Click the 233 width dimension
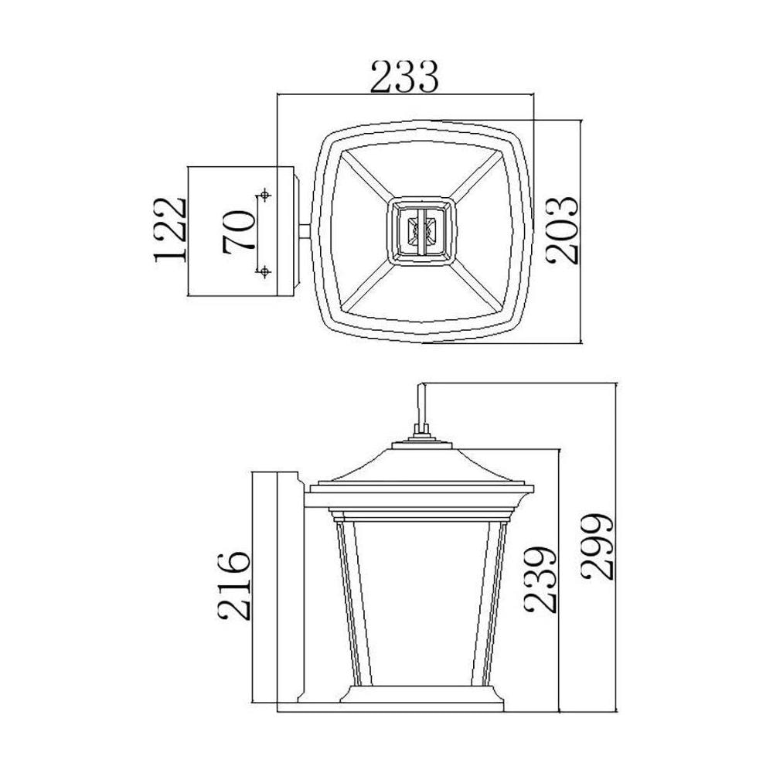[404, 77]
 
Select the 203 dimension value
[561, 230]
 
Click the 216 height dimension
[234, 586]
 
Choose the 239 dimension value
[540, 580]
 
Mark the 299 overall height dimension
[597, 547]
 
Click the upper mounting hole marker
[265, 196]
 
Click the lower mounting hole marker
[265, 271]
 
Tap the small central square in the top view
[421, 231]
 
